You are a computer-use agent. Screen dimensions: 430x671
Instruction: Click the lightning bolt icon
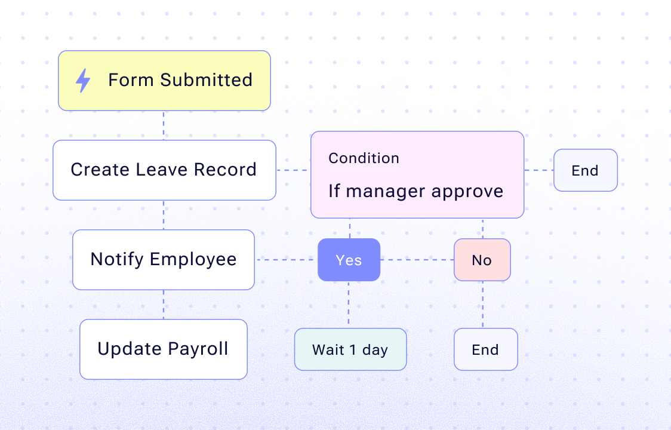pos(83,81)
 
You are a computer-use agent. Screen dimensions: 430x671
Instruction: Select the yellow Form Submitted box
pos(164,81)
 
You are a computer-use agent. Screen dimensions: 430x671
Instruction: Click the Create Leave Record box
pos(164,170)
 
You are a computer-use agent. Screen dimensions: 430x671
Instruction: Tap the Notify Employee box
pos(164,260)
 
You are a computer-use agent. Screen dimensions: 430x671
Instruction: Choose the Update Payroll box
pos(164,349)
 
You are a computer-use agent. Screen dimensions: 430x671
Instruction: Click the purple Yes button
pos(349,260)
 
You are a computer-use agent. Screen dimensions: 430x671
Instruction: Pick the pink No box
pos(482,260)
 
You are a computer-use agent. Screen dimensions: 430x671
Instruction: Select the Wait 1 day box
pos(350,349)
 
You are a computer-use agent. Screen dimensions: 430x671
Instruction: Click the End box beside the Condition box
pos(585,170)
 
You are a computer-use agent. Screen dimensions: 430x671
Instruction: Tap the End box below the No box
pos(485,349)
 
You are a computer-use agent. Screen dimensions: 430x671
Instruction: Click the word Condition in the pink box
pos(364,158)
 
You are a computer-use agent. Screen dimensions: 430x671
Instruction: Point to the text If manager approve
pos(415,191)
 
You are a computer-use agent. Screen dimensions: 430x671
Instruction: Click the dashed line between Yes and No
pos(417,260)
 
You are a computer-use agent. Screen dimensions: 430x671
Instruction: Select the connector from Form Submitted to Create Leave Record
pos(164,125)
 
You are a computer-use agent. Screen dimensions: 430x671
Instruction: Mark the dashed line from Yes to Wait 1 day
pos(349,305)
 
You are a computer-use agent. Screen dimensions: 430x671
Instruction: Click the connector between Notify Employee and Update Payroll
pos(164,305)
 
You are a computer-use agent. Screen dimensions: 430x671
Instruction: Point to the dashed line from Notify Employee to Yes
pos(286,260)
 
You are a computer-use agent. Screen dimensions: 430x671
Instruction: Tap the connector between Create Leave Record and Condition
pos(293,170)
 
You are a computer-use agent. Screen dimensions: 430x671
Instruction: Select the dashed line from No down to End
pos(482,305)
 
